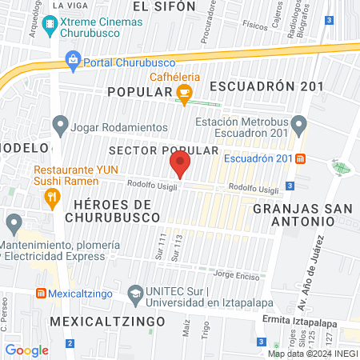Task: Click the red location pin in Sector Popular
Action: (x=180, y=166)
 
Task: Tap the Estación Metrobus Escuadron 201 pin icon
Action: (x=299, y=124)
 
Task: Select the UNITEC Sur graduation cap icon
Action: (x=135, y=294)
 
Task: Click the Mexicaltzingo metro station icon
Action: (x=40, y=294)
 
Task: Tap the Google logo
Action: (x=27, y=350)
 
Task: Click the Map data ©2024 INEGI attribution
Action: (x=312, y=353)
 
